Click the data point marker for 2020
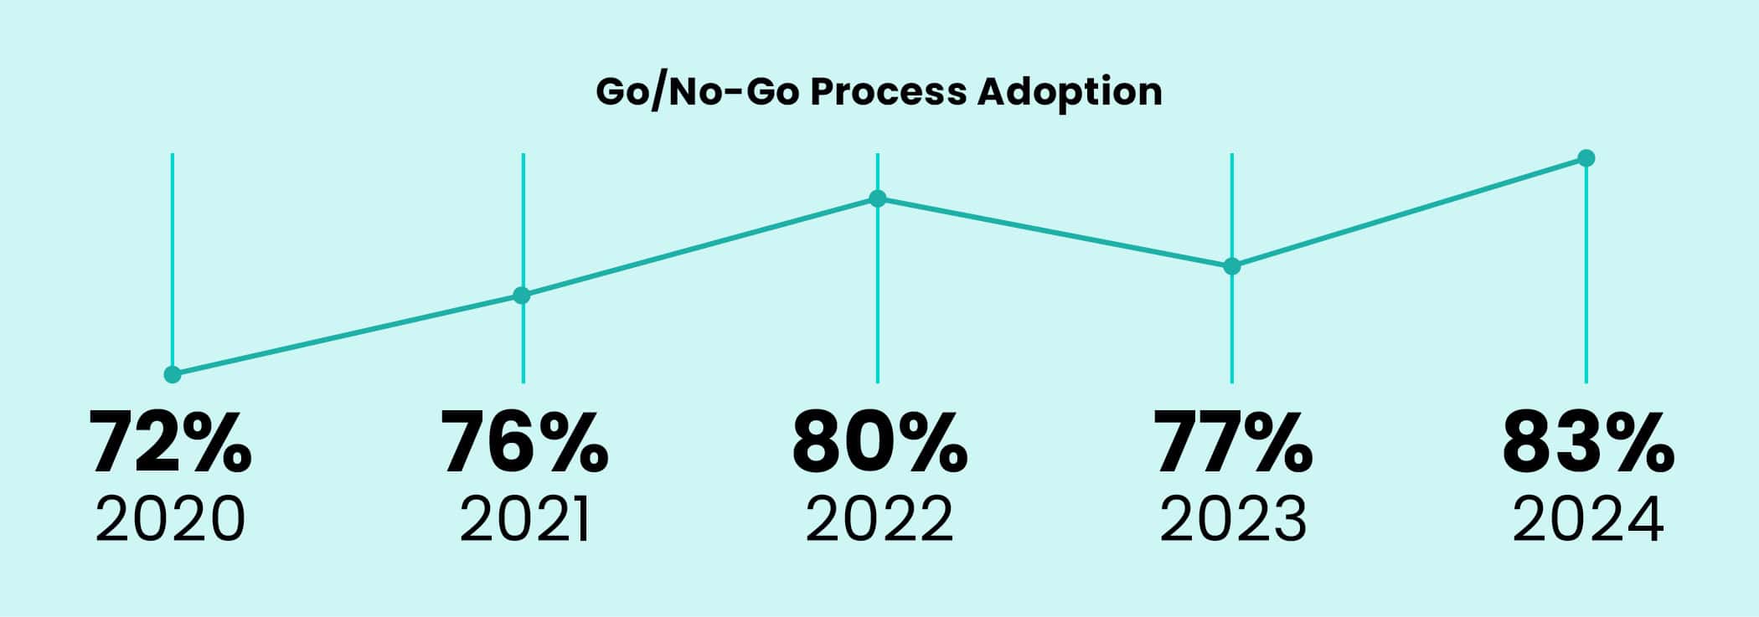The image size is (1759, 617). tap(173, 374)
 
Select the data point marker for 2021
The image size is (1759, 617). tap(522, 296)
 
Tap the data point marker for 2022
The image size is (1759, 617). tap(877, 198)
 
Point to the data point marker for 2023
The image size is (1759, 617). tap(1231, 266)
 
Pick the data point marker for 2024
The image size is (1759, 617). tap(1586, 158)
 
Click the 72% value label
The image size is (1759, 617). tap(172, 442)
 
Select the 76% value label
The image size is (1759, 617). tap(525, 442)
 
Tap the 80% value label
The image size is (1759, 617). tap(879, 442)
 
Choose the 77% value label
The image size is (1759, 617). tap(1233, 442)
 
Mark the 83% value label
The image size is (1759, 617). tap(1588, 442)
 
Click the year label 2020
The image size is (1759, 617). tap(171, 520)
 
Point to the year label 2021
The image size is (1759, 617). tap(524, 520)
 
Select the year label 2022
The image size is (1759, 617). tap(879, 520)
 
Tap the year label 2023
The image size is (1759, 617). tap(1233, 520)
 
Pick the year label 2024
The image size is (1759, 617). tap(1587, 520)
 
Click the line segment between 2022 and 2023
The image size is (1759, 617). tap(1054, 233)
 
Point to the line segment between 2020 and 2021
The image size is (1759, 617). tap(347, 335)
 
